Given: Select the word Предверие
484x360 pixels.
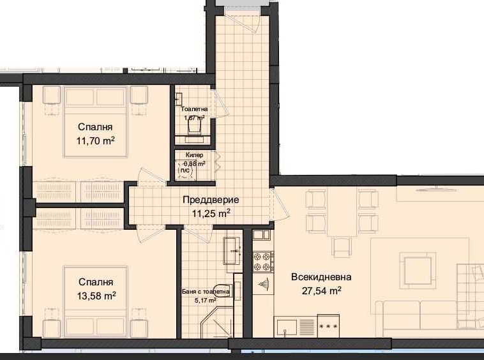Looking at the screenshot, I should click(x=206, y=200).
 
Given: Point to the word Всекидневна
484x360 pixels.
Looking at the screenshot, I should click(x=321, y=277).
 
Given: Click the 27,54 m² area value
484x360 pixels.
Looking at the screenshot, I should click(x=321, y=290).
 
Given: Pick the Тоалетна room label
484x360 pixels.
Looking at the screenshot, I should click(x=194, y=109).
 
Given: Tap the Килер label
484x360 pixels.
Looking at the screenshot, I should click(x=195, y=155).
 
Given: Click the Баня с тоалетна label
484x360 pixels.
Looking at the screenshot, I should click(x=206, y=292).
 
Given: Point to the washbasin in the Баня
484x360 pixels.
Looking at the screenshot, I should click(x=231, y=250).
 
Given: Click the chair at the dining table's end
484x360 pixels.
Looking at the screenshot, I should click(x=343, y=245).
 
